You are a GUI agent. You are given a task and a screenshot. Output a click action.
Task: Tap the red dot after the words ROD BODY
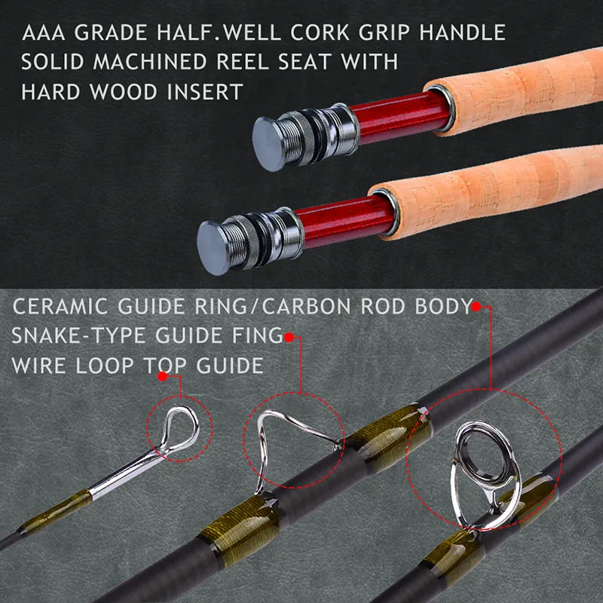(x=476, y=307)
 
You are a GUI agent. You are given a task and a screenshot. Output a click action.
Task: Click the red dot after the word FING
(x=289, y=337)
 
